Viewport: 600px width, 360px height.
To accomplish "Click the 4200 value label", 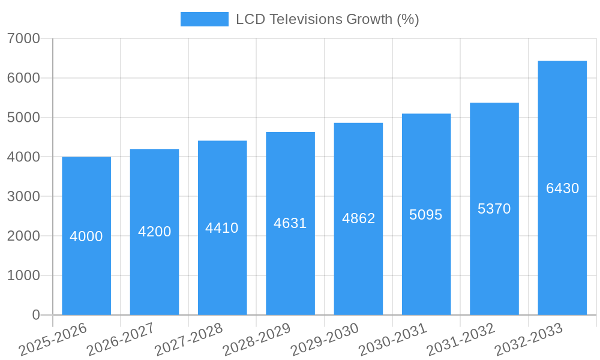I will pyautogui.click(x=155, y=232).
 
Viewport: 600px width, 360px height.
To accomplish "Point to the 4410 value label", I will pyautogui.click(x=222, y=228).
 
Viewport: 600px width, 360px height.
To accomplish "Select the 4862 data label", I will pyautogui.click(x=359, y=218).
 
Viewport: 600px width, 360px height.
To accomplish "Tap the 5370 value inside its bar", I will pyautogui.click(x=494, y=209).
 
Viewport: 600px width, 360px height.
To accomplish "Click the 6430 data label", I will pyautogui.click(x=563, y=188).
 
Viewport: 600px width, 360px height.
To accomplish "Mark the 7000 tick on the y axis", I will pyautogui.click(x=23, y=38).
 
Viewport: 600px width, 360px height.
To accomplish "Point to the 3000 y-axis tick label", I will pyautogui.click(x=23, y=196).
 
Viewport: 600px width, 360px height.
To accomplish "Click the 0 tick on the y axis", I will pyautogui.click(x=36, y=315).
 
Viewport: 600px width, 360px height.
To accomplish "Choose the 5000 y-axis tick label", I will pyautogui.click(x=23, y=118).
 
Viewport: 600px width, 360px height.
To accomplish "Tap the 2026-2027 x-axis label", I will pyautogui.click(x=121, y=340).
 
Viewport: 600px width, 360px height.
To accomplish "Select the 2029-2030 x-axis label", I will pyautogui.click(x=325, y=340).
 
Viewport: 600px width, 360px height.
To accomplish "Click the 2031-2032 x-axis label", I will pyautogui.click(x=461, y=340).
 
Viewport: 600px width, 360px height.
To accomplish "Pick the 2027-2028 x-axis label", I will pyautogui.click(x=188, y=340).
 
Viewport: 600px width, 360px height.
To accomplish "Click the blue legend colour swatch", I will pyautogui.click(x=205, y=19).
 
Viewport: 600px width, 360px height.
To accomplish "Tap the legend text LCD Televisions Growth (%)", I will pyautogui.click(x=327, y=19).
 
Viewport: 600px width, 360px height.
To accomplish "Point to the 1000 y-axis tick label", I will pyautogui.click(x=23, y=275).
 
